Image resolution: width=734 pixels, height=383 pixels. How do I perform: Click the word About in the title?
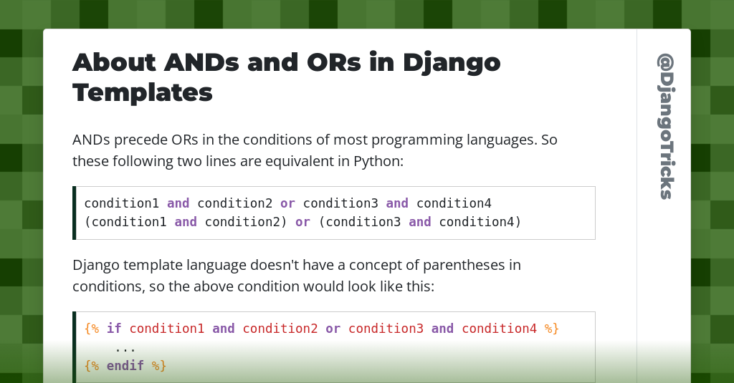click(x=113, y=63)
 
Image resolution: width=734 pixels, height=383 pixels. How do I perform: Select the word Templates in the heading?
click(x=143, y=92)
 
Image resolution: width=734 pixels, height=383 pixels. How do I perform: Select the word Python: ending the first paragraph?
click(x=379, y=161)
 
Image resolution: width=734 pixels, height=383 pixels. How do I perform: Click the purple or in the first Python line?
click(x=288, y=203)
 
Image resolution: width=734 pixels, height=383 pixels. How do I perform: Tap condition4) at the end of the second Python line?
click(x=480, y=222)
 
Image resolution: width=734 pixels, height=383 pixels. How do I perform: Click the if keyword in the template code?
click(x=114, y=329)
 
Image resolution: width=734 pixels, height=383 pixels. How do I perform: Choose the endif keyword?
click(x=125, y=366)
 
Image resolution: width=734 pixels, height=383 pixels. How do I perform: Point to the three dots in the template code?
click(x=125, y=348)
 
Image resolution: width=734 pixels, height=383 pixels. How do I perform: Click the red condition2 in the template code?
click(x=280, y=329)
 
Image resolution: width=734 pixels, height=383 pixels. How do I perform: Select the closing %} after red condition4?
click(x=551, y=329)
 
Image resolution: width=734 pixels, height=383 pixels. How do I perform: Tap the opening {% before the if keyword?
click(x=92, y=329)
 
